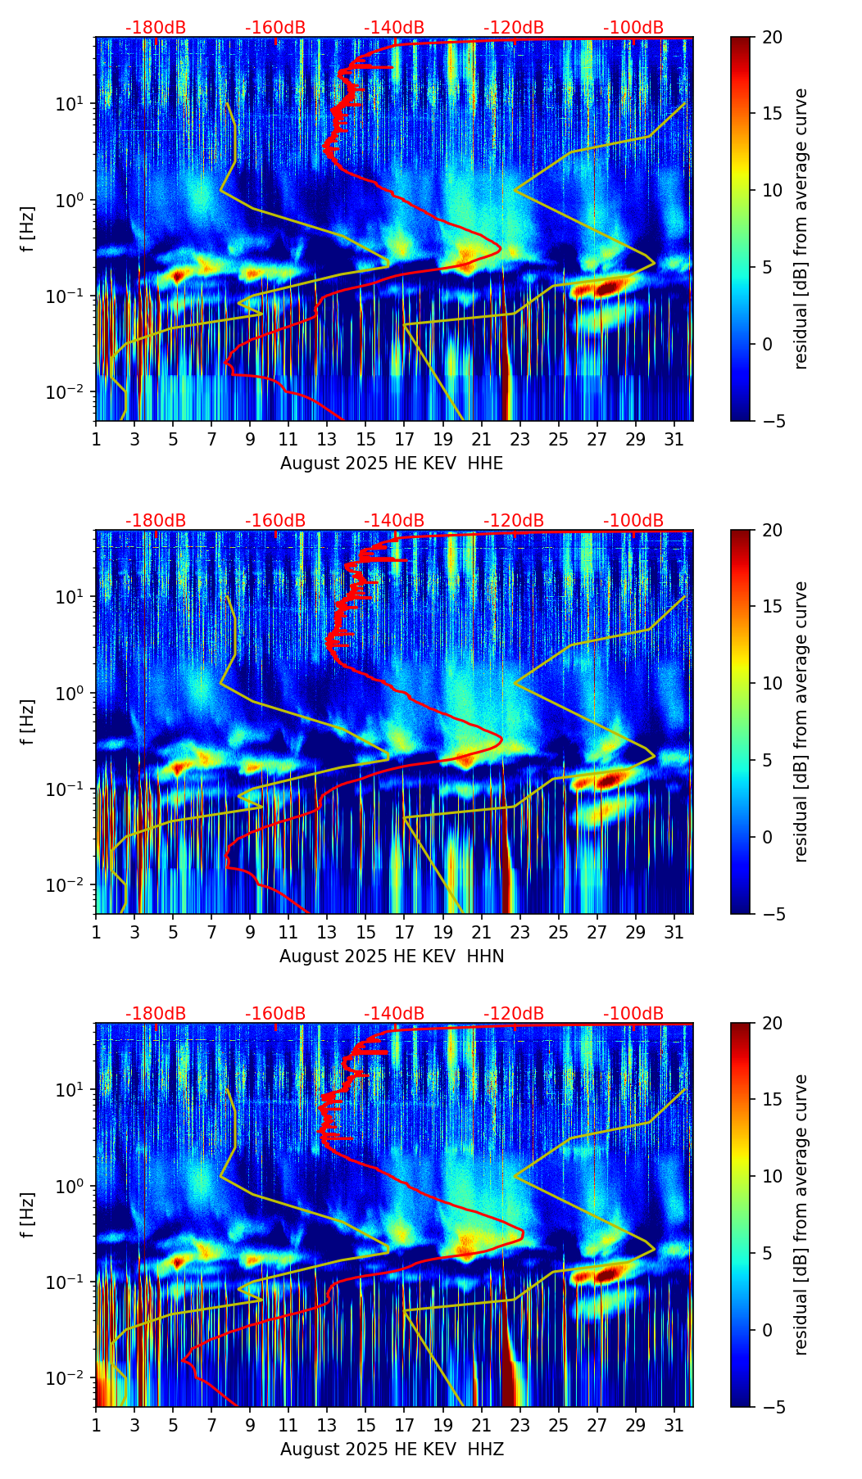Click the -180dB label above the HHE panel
[156, 28]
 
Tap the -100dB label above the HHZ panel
[633, 1014]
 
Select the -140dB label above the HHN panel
[394, 521]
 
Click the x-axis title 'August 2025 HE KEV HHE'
[392, 464]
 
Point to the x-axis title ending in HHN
[392, 957]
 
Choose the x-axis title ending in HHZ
[392, 1450]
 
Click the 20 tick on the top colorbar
[772, 38]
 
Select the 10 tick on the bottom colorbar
[772, 1176]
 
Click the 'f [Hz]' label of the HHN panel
[28, 721]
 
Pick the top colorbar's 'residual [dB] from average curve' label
[801, 228]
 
